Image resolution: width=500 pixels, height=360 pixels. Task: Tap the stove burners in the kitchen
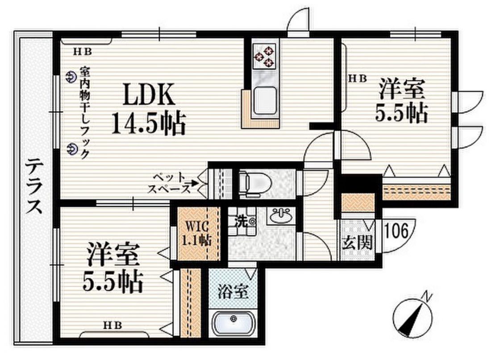point(267,56)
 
